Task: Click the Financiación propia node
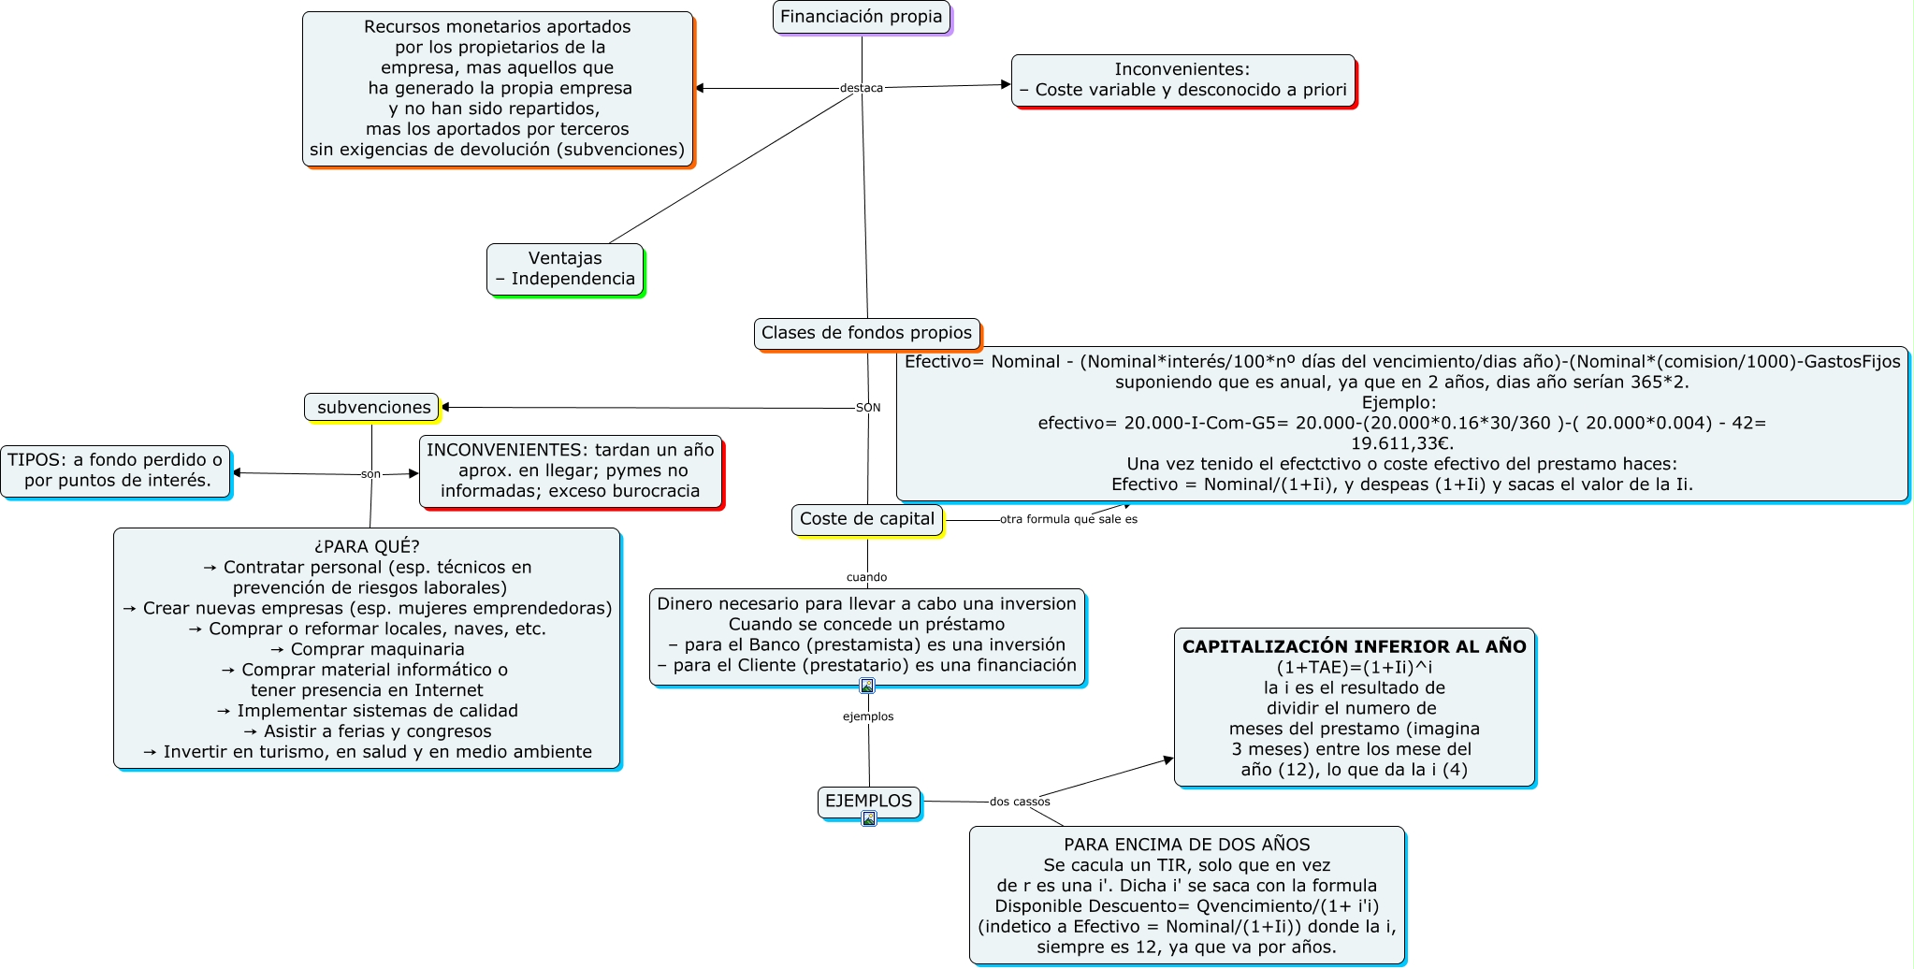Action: tap(861, 17)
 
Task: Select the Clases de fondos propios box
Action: tap(866, 333)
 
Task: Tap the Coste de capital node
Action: tap(866, 519)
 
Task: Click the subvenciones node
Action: tap(372, 407)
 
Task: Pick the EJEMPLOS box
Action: tap(868, 802)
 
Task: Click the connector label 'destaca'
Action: tap(861, 88)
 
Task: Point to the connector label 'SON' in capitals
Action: tap(868, 408)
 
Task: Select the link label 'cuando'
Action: tap(866, 577)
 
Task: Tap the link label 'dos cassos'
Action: tap(1020, 802)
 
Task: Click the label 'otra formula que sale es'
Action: tap(1068, 519)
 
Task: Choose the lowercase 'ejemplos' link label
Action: tap(868, 716)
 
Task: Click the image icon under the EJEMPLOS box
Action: tap(869, 819)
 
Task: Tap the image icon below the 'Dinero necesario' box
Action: tap(867, 687)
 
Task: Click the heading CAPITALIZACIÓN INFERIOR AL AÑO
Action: tap(1354, 646)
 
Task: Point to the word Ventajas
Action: tap(565, 258)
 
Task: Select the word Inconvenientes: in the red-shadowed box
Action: tap(1182, 69)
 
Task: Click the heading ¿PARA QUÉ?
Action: tap(367, 546)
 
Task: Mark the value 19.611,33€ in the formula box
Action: tap(1401, 443)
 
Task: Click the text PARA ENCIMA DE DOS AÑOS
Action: tap(1186, 845)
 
